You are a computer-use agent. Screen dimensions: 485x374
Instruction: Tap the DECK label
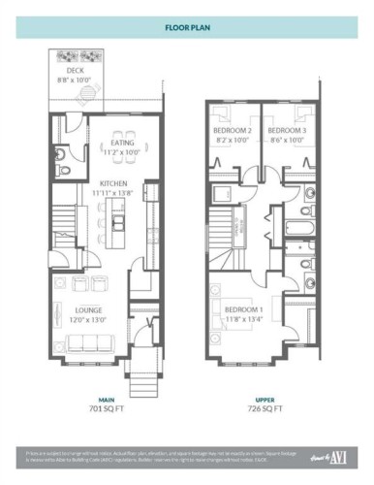[x=76, y=71]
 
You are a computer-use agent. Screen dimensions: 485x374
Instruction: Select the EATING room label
[x=122, y=143]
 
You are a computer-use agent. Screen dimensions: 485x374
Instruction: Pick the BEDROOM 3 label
[x=287, y=130]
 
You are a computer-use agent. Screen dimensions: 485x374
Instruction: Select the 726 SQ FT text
[x=265, y=409]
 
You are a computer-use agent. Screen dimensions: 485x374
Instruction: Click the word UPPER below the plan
[x=265, y=399]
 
